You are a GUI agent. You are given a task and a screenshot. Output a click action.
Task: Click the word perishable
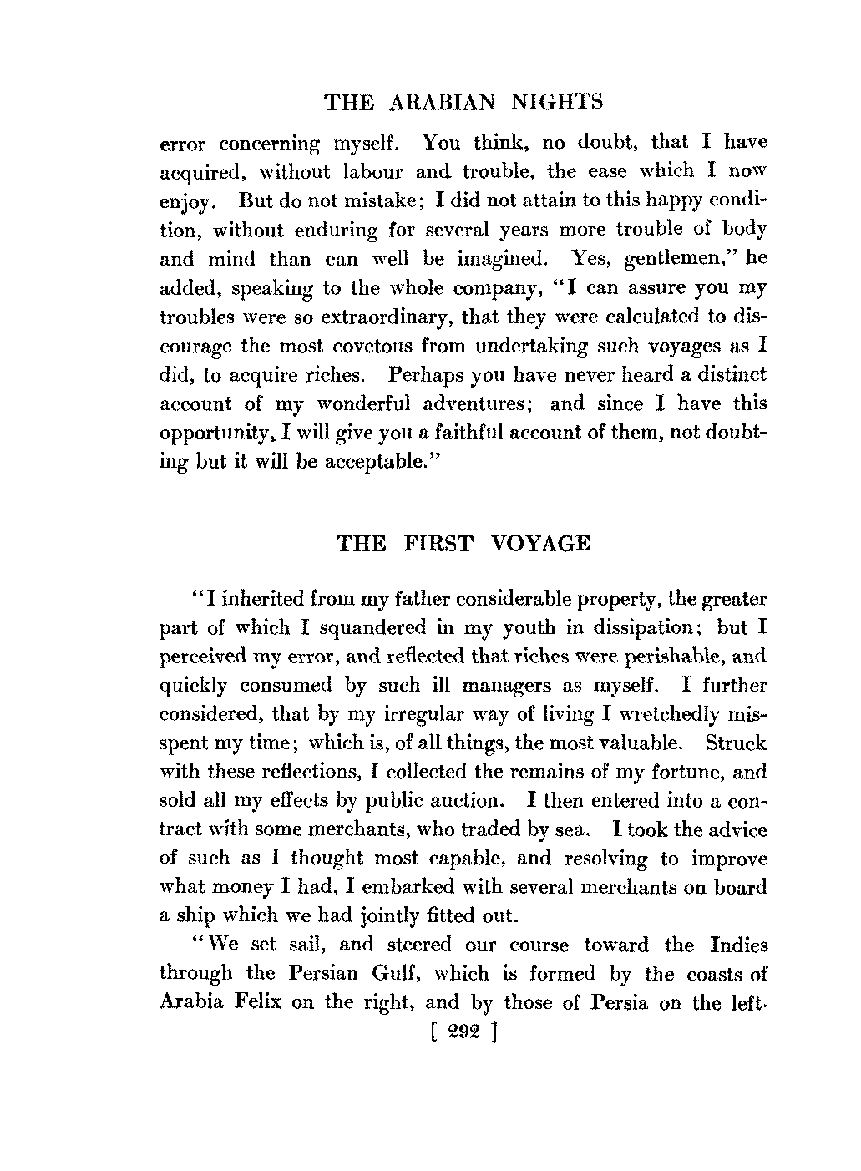[x=635, y=656]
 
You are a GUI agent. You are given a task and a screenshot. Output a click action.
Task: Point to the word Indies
[x=738, y=945]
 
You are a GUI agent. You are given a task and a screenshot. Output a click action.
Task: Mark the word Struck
[x=736, y=743]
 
